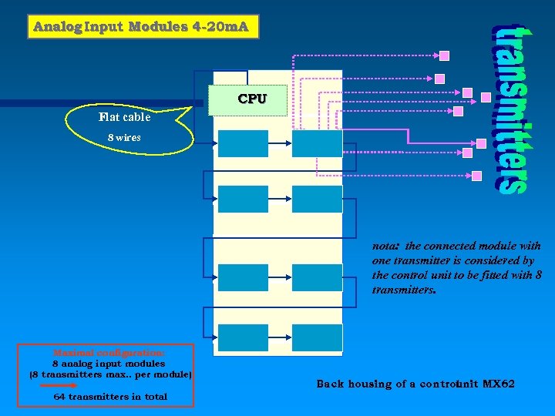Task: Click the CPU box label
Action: click(x=252, y=99)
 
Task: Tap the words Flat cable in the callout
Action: click(x=124, y=118)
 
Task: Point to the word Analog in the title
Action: click(x=56, y=27)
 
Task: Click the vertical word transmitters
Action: click(x=510, y=109)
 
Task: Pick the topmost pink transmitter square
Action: click(x=445, y=55)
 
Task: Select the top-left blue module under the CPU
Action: click(x=243, y=144)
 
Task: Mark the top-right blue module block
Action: click(x=317, y=144)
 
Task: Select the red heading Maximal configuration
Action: click(x=109, y=352)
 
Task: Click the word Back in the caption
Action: click(x=329, y=384)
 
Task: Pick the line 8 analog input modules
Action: click(x=109, y=363)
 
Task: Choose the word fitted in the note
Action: click(x=480, y=276)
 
